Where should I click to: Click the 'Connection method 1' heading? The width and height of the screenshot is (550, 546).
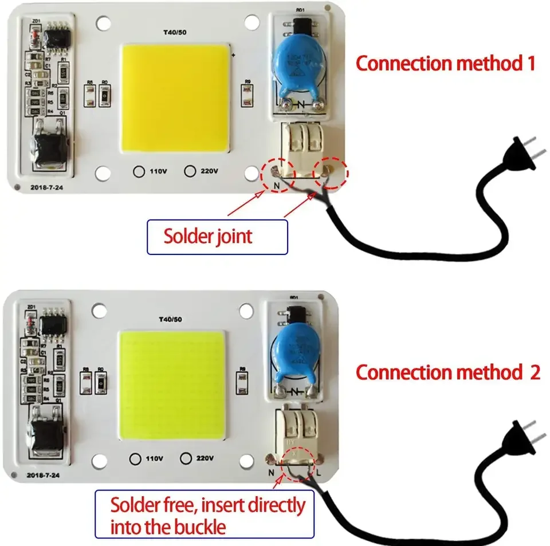pos(445,63)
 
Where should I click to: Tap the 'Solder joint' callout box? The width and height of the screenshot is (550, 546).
pos(217,236)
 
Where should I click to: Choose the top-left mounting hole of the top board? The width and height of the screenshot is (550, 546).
pos(104,23)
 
